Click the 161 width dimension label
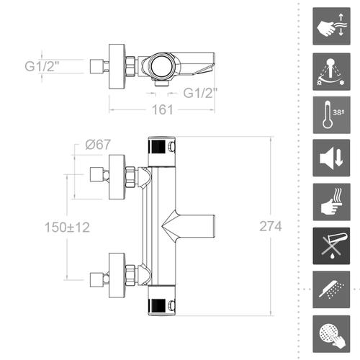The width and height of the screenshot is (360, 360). pos(163,109)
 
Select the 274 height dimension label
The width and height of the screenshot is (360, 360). pos(271,226)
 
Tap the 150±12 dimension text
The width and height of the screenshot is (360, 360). pos(67,227)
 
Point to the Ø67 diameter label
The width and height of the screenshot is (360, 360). pos(98,145)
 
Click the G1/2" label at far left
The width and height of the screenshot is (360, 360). pos(42,66)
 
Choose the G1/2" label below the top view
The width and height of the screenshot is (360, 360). pos(200,93)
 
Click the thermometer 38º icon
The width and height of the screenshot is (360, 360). pos(331,115)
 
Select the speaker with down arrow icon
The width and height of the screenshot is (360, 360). pos(331,158)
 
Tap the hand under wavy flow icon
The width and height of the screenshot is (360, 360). pos(331,26)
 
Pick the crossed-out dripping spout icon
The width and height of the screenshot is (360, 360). pos(331,246)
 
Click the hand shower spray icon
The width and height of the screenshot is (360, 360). pos(331,289)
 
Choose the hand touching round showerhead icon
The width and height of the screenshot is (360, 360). pos(331,334)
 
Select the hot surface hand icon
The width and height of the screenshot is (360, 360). pos(331,202)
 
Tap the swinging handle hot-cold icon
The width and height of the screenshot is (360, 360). pos(331,71)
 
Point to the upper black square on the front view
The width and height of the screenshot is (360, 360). pos(157,147)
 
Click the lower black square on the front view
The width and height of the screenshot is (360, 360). pos(157,305)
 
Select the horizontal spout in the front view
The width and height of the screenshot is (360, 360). pos(189,227)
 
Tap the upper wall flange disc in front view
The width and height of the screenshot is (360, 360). pos(117,177)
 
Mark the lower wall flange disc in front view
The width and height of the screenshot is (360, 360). pos(117,275)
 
